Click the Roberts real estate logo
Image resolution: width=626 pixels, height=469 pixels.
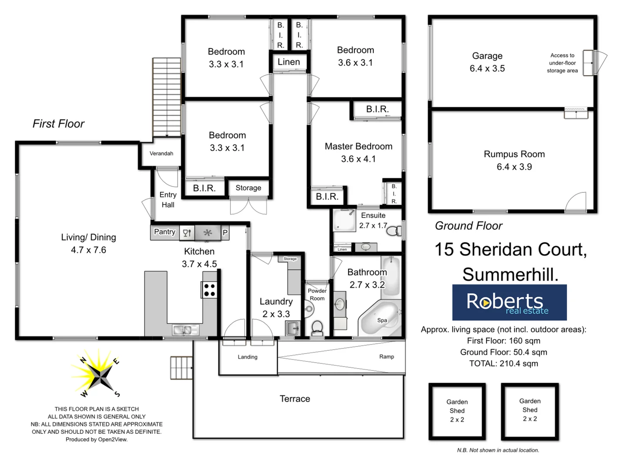coord(509,302)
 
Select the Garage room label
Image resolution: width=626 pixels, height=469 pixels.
coord(487,56)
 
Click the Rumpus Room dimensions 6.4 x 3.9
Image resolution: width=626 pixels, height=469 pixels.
coord(514,167)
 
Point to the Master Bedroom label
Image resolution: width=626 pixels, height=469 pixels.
coord(358,146)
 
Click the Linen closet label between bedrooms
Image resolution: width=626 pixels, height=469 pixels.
coord(289,62)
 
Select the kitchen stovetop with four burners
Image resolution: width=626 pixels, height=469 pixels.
coord(210,290)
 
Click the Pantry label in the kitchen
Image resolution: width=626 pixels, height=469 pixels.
coord(165,232)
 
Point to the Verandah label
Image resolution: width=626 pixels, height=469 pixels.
coord(161,153)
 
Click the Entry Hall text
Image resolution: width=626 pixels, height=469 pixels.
coord(168,200)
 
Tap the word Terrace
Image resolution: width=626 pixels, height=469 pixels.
coord(295,399)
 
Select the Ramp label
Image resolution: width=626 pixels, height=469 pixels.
coord(386,357)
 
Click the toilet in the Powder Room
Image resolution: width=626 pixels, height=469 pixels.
coord(317,328)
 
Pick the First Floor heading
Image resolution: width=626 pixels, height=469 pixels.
coord(58,124)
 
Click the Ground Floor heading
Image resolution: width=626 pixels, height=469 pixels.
coord(469,226)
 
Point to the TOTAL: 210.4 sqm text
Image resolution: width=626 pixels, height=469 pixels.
coord(503,363)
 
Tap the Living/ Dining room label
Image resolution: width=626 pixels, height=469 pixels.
coord(88,237)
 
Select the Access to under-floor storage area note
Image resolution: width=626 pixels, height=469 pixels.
coord(562,63)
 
